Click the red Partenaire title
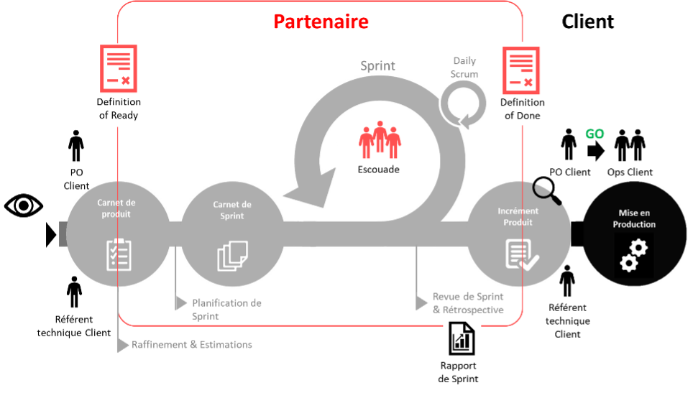coord(321,22)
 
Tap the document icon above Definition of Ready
coord(119,69)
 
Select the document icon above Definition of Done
coord(521,70)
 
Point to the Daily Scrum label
coord(464,68)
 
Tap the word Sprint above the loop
coord(377,65)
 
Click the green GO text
coord(595,134)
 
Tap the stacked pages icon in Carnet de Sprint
coord(232,256)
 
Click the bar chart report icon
coord(462,338)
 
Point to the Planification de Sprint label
coord(226,309)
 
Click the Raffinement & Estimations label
coord(192,345)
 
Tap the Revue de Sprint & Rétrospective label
coord(468,303)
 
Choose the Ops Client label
coord(630,172)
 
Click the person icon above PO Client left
coord(76,146)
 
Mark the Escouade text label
coord(378,170)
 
